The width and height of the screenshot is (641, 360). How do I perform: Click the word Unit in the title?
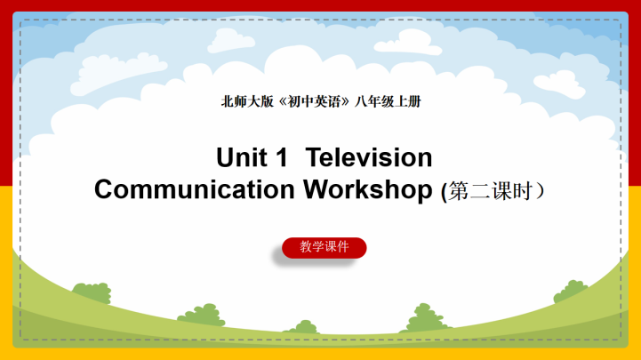point(241,158)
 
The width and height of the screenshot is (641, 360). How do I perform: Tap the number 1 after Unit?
point(282,158)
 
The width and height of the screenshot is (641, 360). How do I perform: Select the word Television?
point(369,158)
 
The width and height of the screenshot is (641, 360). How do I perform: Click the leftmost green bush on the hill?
point(91,292)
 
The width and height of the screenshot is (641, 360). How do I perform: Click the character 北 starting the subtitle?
point(227,101)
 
